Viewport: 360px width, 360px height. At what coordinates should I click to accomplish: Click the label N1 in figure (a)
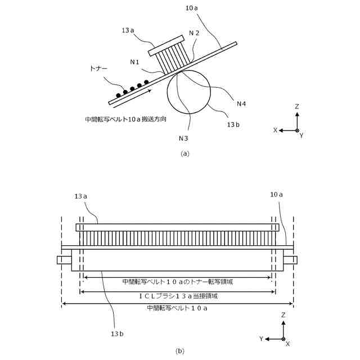134,62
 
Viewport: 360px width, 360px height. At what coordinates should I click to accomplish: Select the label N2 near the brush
194,33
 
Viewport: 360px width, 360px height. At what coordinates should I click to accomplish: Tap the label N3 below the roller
183,138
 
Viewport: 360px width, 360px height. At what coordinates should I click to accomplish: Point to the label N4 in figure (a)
241,103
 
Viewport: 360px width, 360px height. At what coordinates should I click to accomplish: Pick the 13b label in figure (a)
233,124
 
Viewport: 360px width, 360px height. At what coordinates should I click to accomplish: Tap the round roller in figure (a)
189,92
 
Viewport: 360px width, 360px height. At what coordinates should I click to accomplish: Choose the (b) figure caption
179,351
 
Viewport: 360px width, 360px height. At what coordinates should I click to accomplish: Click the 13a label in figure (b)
81,196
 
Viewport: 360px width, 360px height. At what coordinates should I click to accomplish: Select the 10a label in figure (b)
276,194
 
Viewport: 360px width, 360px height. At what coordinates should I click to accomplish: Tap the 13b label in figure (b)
117,333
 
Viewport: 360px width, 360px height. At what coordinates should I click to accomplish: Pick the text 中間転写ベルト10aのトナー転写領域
178,281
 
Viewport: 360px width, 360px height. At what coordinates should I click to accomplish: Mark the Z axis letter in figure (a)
297,106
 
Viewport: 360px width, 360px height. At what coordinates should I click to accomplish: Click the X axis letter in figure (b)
287,343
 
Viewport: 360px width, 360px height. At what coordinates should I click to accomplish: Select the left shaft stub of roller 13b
64,260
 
